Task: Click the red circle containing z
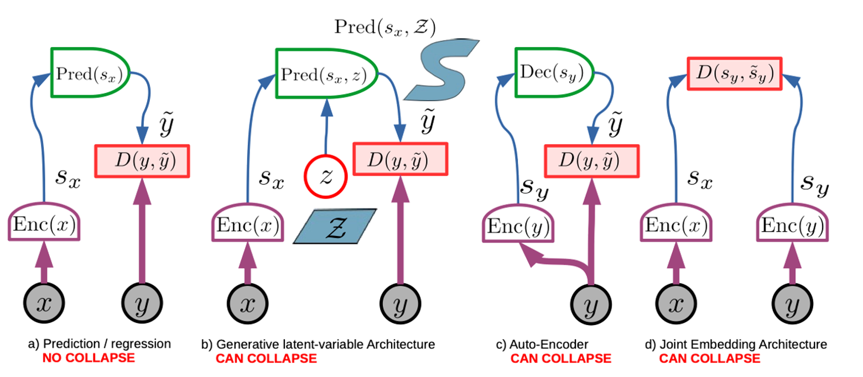(325, 177)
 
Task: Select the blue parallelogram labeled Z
(335, 226)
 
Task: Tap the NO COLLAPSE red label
(89, 358)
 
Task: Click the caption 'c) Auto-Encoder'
(542, 344)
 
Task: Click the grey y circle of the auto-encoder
(592, 305)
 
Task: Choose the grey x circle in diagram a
(44, 305)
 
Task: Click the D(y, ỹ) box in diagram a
(143, 160)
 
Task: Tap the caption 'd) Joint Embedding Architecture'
(736, 344)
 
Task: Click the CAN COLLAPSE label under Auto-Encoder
(560, 358)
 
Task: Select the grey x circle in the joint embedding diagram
(675, 305)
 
